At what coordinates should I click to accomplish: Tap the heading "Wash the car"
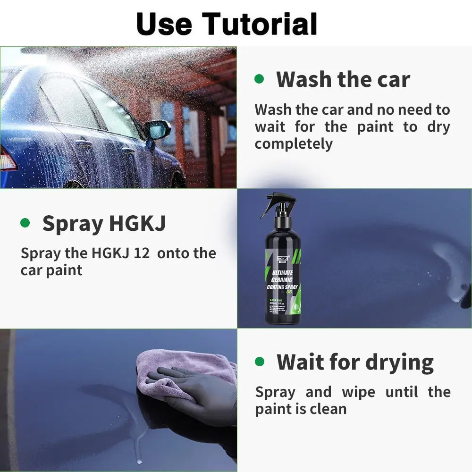click(343, 79)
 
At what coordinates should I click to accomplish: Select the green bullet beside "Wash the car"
click(259, 78)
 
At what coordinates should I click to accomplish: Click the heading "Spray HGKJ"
click(104, 223)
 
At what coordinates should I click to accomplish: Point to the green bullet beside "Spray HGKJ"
click(25, 223)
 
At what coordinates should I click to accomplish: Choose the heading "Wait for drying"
click(355, 362)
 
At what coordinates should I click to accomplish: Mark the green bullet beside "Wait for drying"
click(260, 362)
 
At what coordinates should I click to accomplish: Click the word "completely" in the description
click(294, 144)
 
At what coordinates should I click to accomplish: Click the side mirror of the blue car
click(158, 129)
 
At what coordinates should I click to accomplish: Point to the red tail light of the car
click(7, 160)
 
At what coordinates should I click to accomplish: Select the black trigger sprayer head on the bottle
click(278, 204)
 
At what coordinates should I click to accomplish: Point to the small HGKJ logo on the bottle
click(270, 259)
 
